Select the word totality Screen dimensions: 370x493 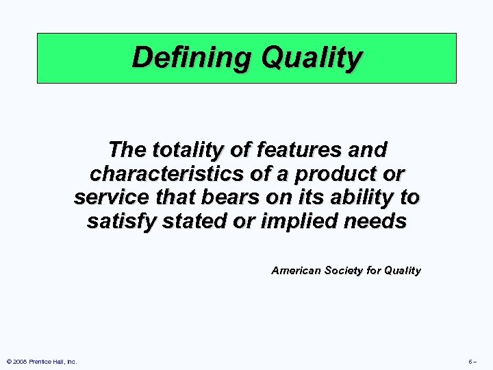point(183,149)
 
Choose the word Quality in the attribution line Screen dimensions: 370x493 point(403,271)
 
